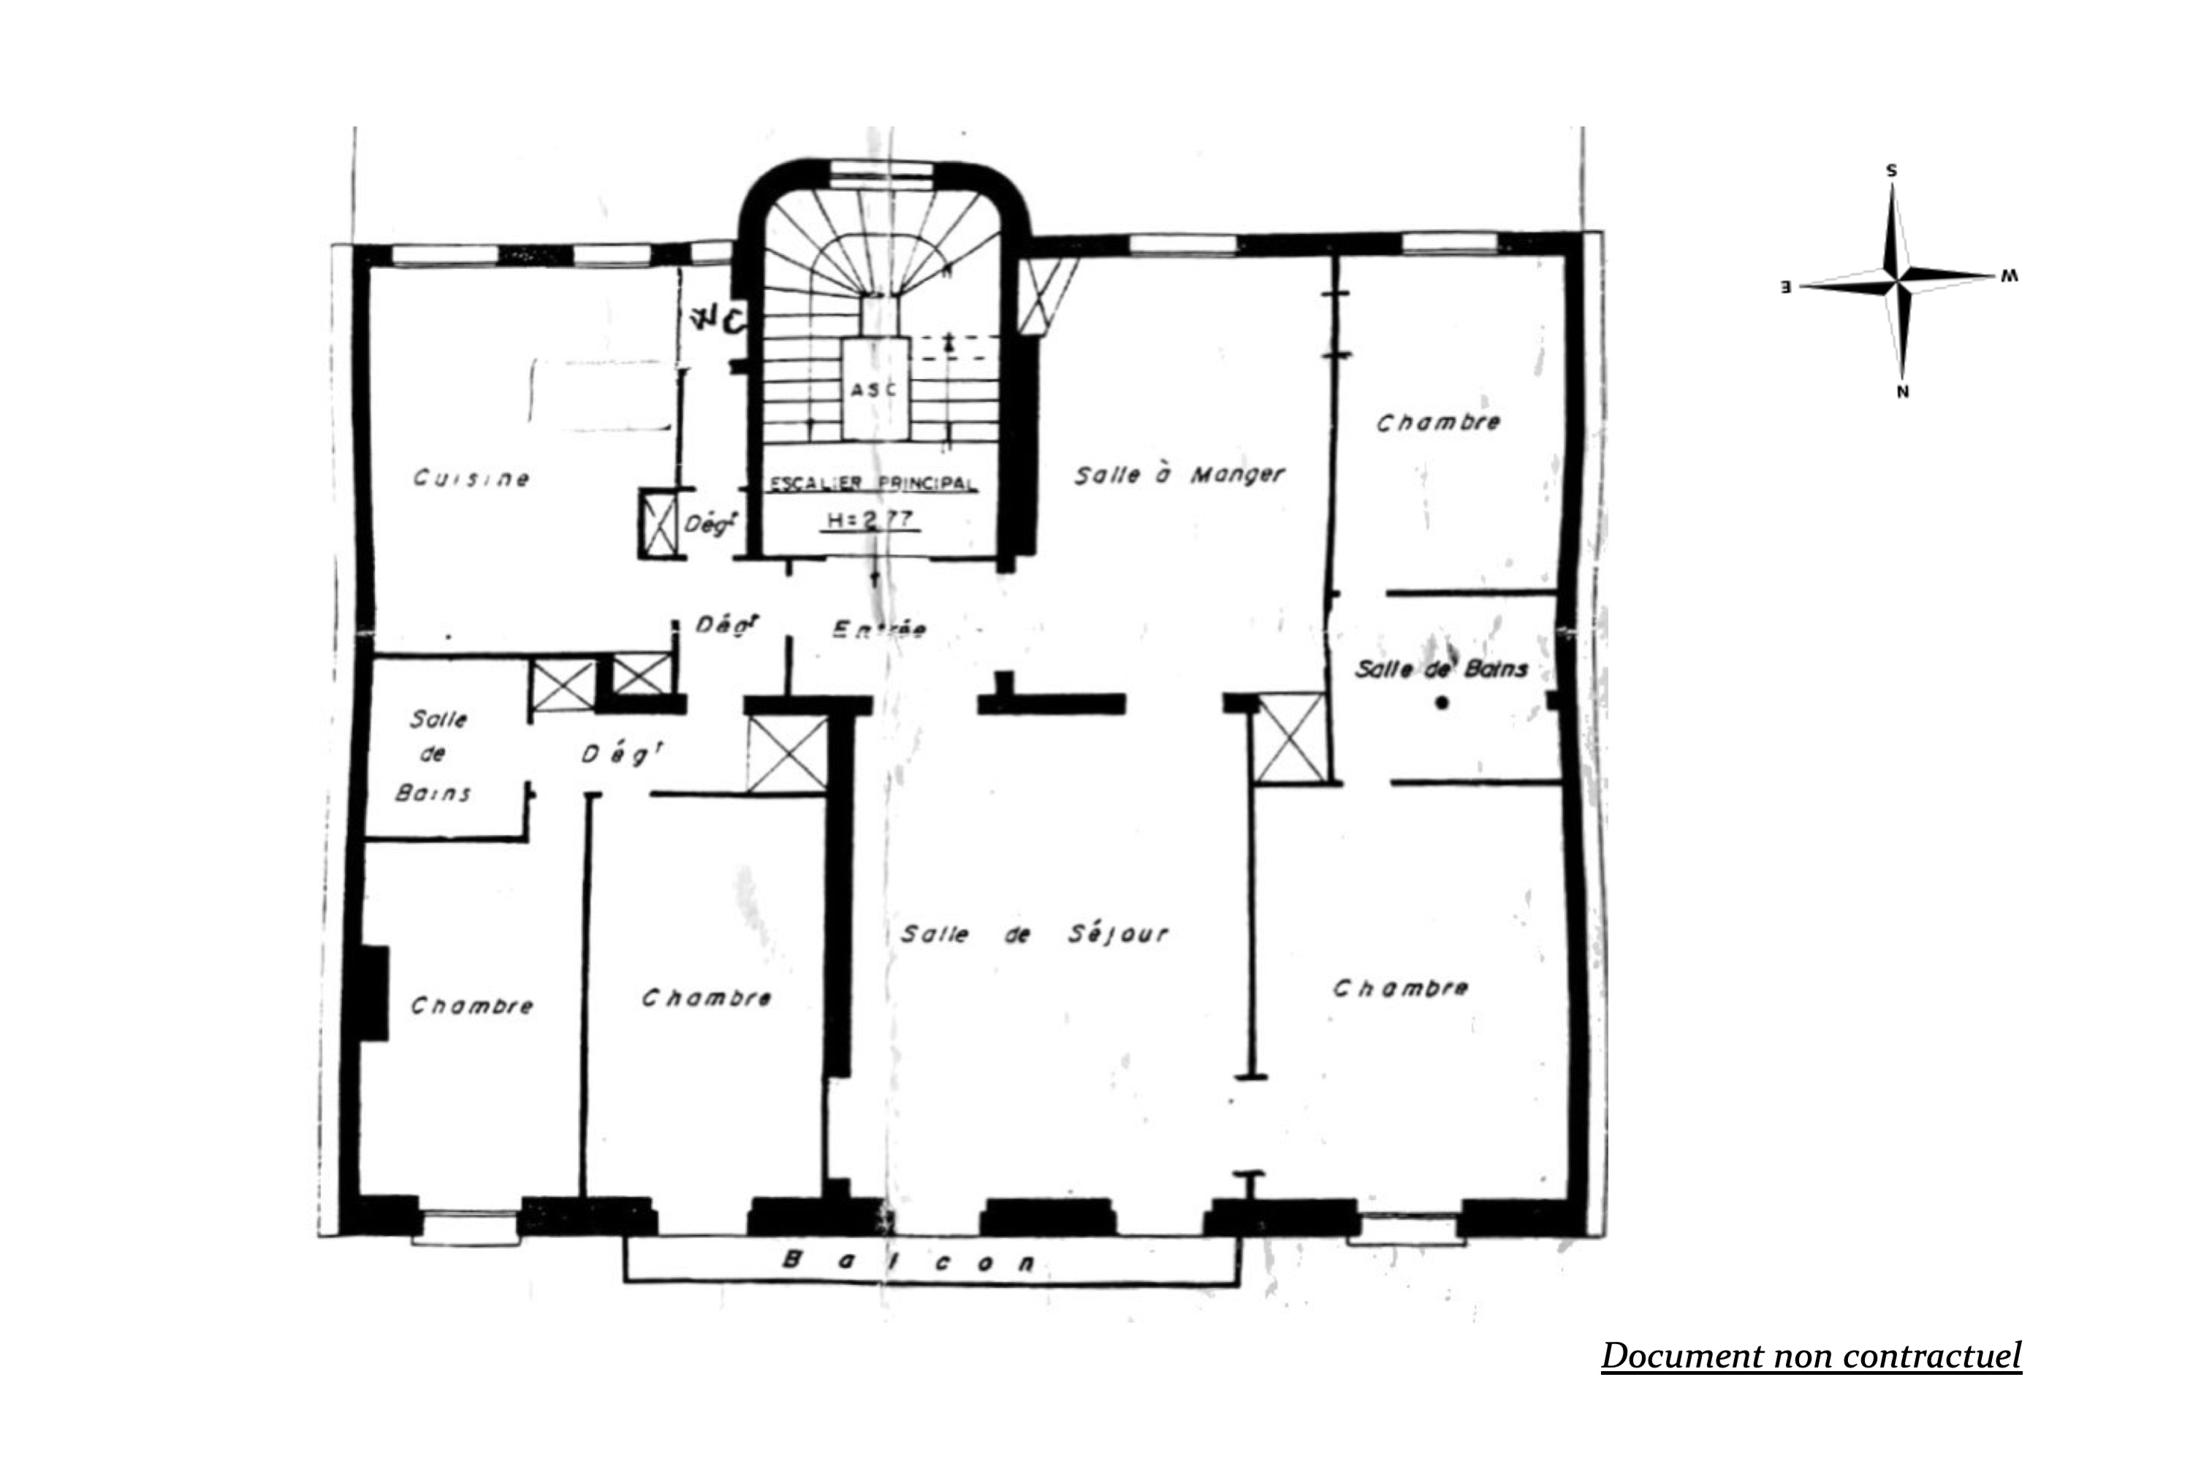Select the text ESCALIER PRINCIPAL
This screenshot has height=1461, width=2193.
(x=873, y=484)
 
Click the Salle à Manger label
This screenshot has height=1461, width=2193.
(x=1178, y=476)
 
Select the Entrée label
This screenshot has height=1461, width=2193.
(x=878, y=629)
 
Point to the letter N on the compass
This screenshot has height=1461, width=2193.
(x=1902, y=392)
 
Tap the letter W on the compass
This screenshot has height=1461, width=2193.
(x=2010, y=277)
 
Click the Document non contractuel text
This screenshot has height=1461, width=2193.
(x=1810, y=1356)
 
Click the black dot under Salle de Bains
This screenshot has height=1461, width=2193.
(x=1441, y=703)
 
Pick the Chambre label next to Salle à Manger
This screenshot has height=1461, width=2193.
(x=1437, y=422)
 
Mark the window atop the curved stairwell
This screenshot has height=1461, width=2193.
(x=881, y=169)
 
